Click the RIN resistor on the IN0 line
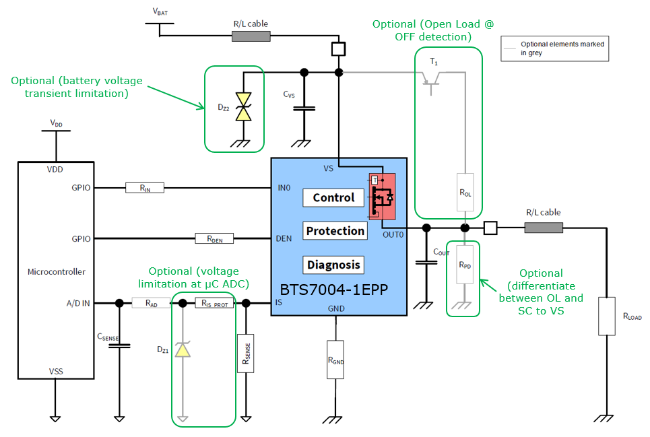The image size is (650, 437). coord(144,188)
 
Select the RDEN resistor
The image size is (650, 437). coord(214,238)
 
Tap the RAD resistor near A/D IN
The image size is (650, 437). coord(151,304)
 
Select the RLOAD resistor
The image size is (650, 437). coord(607,316)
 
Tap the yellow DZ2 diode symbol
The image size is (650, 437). coord(241,108)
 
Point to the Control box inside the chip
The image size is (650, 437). coord(333,197)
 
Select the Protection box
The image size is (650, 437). coord(335,231)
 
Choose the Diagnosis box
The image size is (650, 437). coord(334,265)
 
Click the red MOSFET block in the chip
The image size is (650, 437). coord(381,196)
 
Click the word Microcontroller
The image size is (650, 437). coord(57,272)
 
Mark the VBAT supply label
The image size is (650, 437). coord(160,11)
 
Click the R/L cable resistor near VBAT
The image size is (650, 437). coord(251,36)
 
